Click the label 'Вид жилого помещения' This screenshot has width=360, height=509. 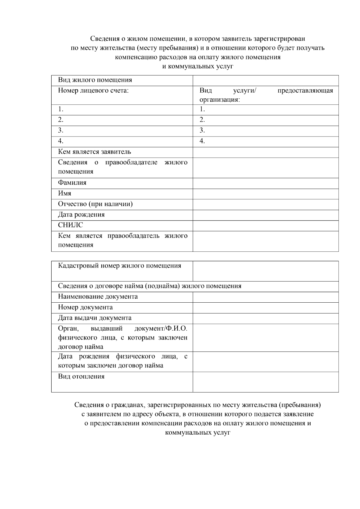(x=95, y=80)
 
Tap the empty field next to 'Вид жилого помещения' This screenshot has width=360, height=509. (x=265, y=80)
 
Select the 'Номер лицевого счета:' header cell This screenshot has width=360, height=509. (x=93, y=91)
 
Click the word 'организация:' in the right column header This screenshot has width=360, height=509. (x=220, y=100)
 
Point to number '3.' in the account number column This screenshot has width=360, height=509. (x=61, y=130)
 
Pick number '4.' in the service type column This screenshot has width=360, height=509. (x=202, y=141)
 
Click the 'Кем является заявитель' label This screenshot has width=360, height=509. (x=94, y=152)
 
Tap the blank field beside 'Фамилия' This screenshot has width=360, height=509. (x=265, y=183)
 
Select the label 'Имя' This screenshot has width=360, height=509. (x=64, y=193)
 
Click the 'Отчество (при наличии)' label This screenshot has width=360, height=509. (x=95, y=204)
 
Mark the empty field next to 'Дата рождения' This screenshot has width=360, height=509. (x=265, y=215)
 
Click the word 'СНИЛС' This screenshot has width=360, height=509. (x=70, y=225)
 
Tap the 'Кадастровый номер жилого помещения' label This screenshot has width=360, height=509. (x=119, y=266)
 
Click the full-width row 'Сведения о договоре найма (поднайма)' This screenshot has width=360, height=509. (x=150, y=286)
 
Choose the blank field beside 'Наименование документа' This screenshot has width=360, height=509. (x=265, y=297)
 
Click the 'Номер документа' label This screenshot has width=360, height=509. (x=85, y=307)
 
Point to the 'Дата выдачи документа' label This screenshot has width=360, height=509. (x=94, y=318)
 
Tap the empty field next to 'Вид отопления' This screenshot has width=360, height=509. (x=265, y=382)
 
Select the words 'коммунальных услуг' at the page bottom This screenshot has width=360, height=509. (x=197, y=433)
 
